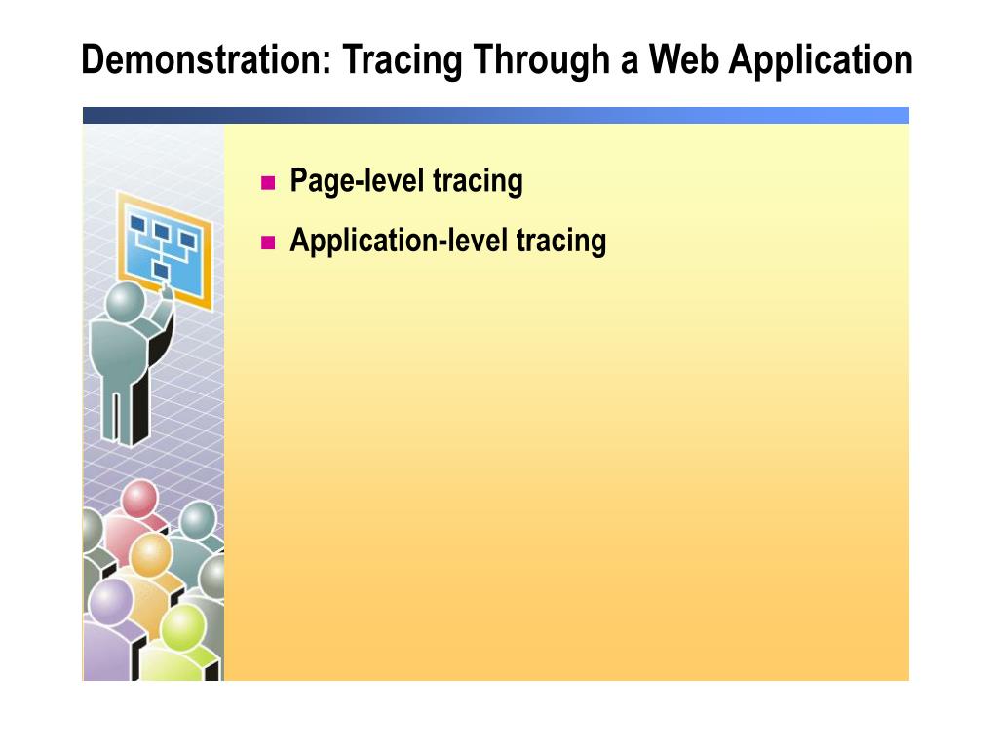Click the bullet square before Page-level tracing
(x=269, y=183)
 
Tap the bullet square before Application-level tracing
(x=269, y=242)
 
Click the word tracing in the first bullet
(x=478, y=181)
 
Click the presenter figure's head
(x=125, y=301)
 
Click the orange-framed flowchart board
(x=164, y=248)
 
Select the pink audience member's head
(x=139, y=500)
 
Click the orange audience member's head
(x=151, y=555)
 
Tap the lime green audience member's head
(x=183, y=626)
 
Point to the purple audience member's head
(x=109, y=601)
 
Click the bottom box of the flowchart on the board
(x=161, y=269)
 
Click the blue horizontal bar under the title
(x=495, y=115)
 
